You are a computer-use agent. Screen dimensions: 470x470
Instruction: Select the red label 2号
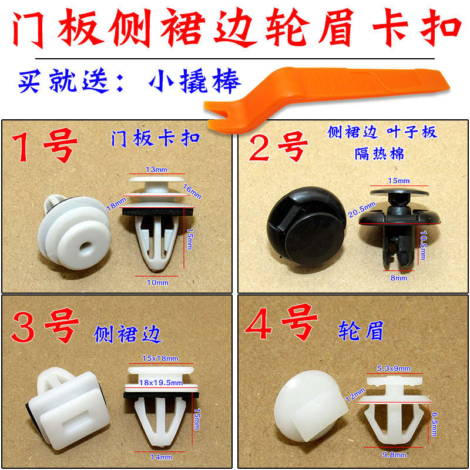(280, 147)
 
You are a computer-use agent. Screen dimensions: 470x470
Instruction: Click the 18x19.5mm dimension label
(160, 383)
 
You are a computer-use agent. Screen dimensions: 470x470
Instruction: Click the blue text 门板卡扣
(156, 139)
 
